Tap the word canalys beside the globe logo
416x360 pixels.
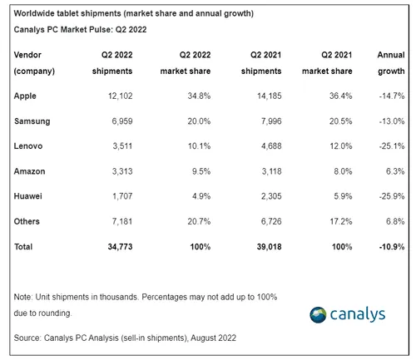(x=364, y=315)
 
